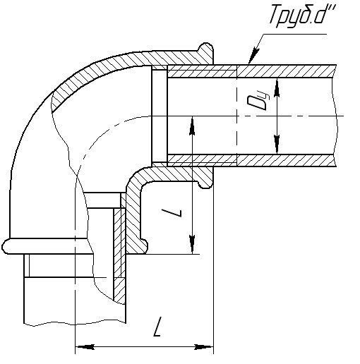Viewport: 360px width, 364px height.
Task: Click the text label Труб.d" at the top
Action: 302,16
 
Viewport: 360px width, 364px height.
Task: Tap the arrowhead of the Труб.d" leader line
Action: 253,56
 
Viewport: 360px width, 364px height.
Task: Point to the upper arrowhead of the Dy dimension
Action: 277,87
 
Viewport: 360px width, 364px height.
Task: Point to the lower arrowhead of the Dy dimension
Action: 277,145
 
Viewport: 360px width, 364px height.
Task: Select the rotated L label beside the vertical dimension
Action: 172,213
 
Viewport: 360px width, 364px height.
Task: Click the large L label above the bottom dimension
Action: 157,327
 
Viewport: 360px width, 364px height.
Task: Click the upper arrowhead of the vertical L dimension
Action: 193,126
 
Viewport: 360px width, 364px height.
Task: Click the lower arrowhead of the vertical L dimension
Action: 193,245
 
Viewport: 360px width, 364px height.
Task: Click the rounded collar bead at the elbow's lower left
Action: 47,246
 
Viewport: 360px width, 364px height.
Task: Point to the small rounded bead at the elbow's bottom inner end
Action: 144,245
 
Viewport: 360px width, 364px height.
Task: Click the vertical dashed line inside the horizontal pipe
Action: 236,116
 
